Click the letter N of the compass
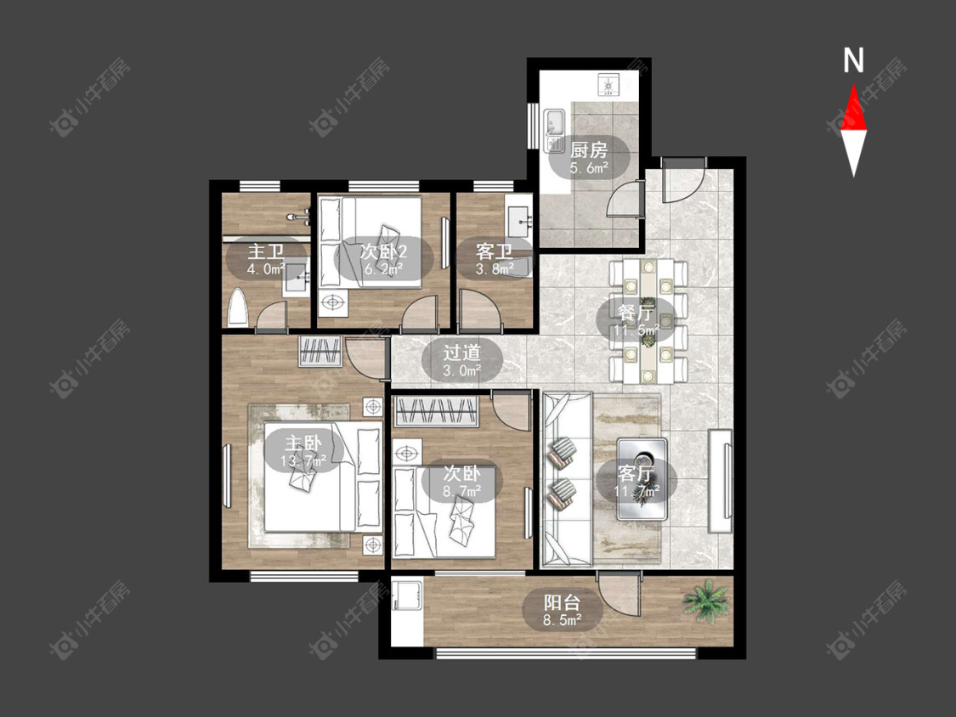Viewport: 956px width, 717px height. (x=853, y=60)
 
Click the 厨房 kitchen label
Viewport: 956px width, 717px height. (x=589, y=150)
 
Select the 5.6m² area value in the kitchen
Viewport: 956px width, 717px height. (x=589, y=168)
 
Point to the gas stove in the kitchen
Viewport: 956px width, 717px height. (x=608, y=83)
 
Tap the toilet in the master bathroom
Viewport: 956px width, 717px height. (x=238, y=308)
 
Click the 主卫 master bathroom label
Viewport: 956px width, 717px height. (x=266, y=251)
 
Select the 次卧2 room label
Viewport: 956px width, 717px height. (x=383, y=251)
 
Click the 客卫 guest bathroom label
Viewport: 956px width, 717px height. (x=494, y=251)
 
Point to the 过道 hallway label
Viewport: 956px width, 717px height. (x=461, y=353)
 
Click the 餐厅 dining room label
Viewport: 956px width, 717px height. (x=636, y=313)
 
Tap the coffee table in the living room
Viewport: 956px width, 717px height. (x=642, y=478)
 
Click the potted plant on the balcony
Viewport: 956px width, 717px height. (x=706, y=600)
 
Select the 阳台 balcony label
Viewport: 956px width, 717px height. (x=562, y=604)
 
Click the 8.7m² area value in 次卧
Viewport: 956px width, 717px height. (x=461, y=491)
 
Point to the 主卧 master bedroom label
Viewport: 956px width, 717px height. (x=303, y=443)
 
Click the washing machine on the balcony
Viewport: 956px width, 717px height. (x=407, y=597)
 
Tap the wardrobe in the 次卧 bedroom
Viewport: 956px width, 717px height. (x=437, y=411)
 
